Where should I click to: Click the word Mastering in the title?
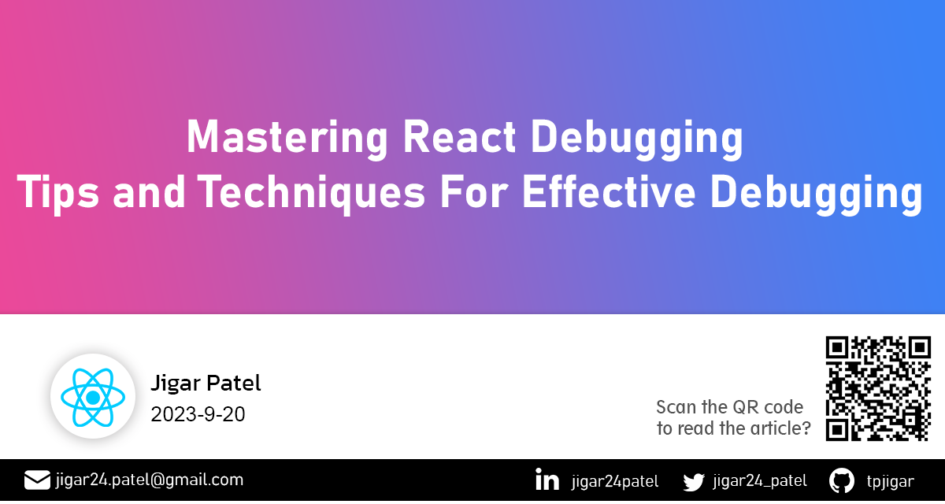pyautogui.click(x=287, y=137)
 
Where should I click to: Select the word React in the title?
pyautogui.click(x=459, y=136)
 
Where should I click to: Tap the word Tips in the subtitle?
pyautogui.click(x=57, y=193)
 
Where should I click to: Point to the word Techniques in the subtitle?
pyautogui.click(x=311, y=193)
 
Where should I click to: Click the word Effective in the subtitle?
pyautogui.click(x=609, y=192)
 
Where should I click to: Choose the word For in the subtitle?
pyautogui.click(x=474, y=192)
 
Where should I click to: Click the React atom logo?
pyautogui.click(x=93, y=397)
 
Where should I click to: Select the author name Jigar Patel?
pyautogui.click(x=206, y=384)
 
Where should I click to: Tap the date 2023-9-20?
pyautogui.click(x=198, y=414)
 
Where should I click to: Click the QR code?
pyautogui.click(x=878, y=388)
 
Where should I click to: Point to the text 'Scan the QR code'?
pyautogui.click(x=729, y=407)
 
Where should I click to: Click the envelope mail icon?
pyautogui.click(x=37, y=480)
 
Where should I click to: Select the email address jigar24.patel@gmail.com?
pyautogui.click(x=150, y=480)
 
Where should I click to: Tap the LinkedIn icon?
pyautogui.click(x=547, y=480)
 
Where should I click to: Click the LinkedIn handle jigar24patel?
pyautogui.click(x=615, y=481)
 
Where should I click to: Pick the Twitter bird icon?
pyautogui.click(x=694, y=482)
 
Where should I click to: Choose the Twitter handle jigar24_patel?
pyautogui.click(x=760, y=481)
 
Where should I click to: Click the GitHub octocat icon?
pyautogui.click(x=842, y=480)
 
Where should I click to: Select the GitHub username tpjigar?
pyautogui.click(x=891, y=481)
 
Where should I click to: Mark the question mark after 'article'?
pyautogui.click(x=806, y=428)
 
